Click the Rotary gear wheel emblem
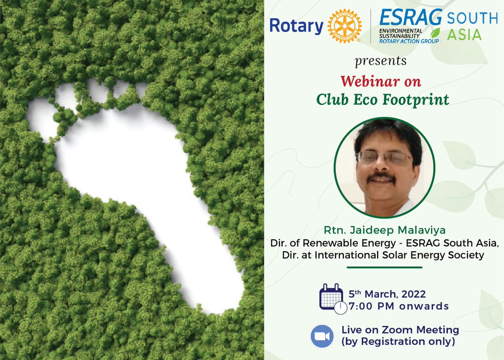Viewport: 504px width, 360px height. point(344,26)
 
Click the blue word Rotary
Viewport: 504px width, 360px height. point(296,26)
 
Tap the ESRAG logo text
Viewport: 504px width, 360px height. point(410,18)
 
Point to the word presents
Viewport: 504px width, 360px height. point(381,61)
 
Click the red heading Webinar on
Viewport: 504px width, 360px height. point(381,80)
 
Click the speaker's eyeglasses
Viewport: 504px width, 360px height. point(384,158)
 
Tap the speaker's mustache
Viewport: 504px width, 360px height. point(381,177)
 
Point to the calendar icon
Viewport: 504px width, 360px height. point(331,297)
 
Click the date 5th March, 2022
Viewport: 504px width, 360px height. point(387,294)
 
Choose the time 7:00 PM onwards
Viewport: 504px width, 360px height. point(399,306)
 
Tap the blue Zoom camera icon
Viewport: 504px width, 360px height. point(322,336)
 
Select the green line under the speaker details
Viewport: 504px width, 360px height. point(384,267)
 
